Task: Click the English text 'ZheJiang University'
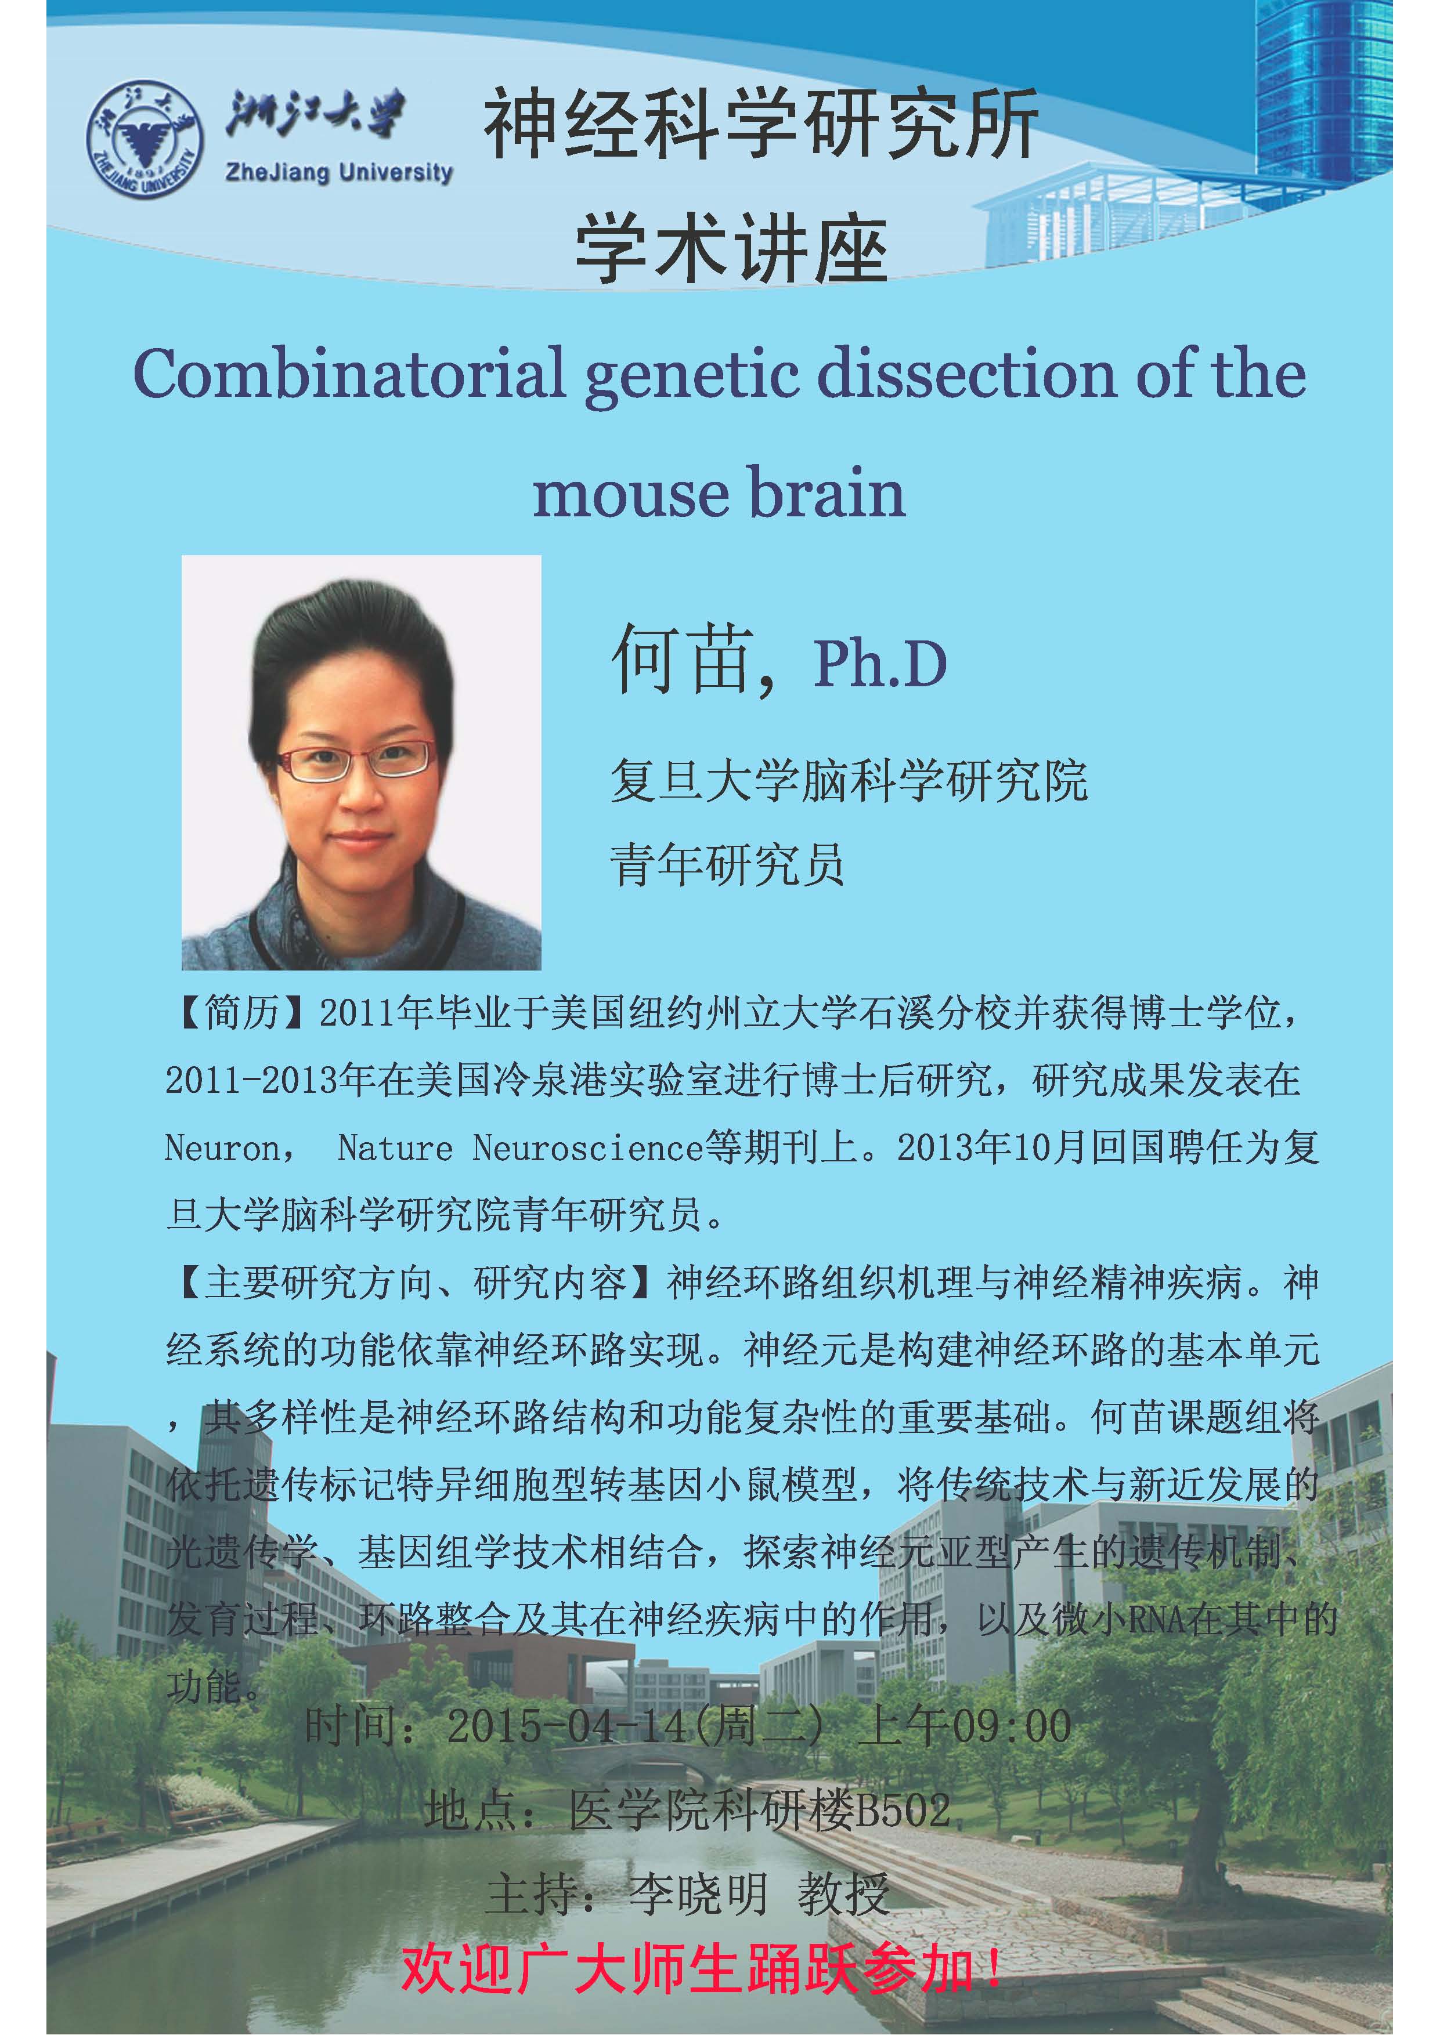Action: (340, 172)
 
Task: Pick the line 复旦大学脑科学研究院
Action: (849, 781)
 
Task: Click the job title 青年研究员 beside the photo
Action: (727, 864)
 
